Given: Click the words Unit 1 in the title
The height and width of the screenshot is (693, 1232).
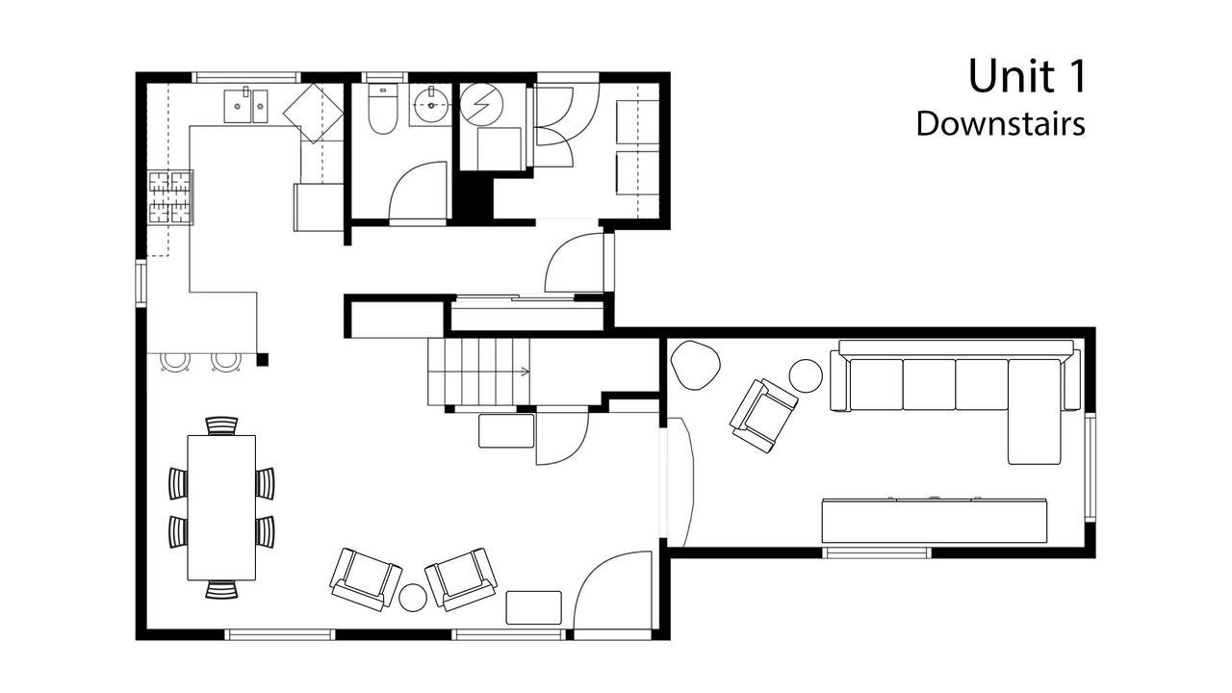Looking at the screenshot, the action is (x=1027, y=76).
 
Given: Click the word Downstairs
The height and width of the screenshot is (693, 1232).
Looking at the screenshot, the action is (x=1000, y=123).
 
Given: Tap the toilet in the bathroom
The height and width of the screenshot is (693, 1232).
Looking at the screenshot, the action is (x=382, y=109).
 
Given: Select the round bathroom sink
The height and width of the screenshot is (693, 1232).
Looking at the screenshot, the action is (x=431, y=105).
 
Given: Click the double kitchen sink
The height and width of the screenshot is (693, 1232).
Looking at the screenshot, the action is (x=245, y=106).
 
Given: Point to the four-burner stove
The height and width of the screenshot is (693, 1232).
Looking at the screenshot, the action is (x=170, y=197).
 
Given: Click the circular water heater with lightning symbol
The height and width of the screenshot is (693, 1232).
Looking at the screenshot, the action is (x=481, y=104).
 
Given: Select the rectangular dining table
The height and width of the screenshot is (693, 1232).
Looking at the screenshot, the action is (x=221, y=507).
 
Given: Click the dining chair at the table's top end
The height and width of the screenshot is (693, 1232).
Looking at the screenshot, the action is (x=221, y=425).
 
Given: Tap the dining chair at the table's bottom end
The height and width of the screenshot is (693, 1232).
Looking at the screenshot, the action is (x=221, y=590).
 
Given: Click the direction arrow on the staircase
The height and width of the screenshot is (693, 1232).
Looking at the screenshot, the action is (x=525, y=372).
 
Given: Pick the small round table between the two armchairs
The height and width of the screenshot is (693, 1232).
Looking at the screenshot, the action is (x=413, y=598).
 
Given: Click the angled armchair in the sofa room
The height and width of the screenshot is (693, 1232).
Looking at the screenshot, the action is (x=764, y=416).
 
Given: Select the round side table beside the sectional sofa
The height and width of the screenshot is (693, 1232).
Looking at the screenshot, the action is (x=806, y=375).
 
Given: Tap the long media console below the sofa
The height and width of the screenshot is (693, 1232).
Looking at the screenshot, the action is (x=935, y=521).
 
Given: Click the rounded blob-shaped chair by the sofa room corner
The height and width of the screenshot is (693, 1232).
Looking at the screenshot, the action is (x=696, y=365).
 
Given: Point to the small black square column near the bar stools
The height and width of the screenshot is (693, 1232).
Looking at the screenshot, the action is (x=263, y=360).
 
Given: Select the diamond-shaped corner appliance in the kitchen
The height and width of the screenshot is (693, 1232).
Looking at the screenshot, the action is (x=313, y=114).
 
